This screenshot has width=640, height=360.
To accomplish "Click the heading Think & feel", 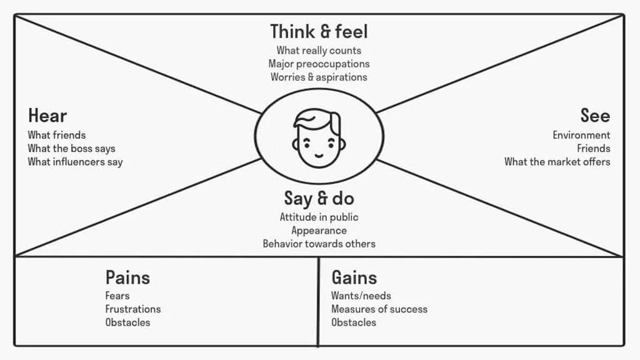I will click(319, 31).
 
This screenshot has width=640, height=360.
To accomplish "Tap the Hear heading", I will click(47, 116).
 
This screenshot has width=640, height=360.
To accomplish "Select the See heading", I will click(594, 116).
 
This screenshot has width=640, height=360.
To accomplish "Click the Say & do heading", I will click(319, 199).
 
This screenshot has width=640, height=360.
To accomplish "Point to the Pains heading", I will click(127, 277).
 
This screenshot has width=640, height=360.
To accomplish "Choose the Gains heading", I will click(354, 277).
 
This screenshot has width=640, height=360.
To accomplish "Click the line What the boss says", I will click(71, 149).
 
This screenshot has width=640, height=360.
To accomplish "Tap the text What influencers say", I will click(75, 162).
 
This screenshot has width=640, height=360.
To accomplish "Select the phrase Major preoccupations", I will click(319, 64).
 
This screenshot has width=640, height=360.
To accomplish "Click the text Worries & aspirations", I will click(319, 77).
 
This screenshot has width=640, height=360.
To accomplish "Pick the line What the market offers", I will click(557, 162).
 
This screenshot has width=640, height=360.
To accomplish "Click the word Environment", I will click(581, 135).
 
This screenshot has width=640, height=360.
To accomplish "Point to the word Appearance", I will click(319, 231).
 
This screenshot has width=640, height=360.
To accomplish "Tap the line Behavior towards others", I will click(319, 244).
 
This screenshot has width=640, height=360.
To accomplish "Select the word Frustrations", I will click(132, 309).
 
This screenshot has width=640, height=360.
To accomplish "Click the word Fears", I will click(117, 296).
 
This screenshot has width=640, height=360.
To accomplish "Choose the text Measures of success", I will click(379, 309).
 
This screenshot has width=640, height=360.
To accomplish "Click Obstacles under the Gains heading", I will click(354, 322).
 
